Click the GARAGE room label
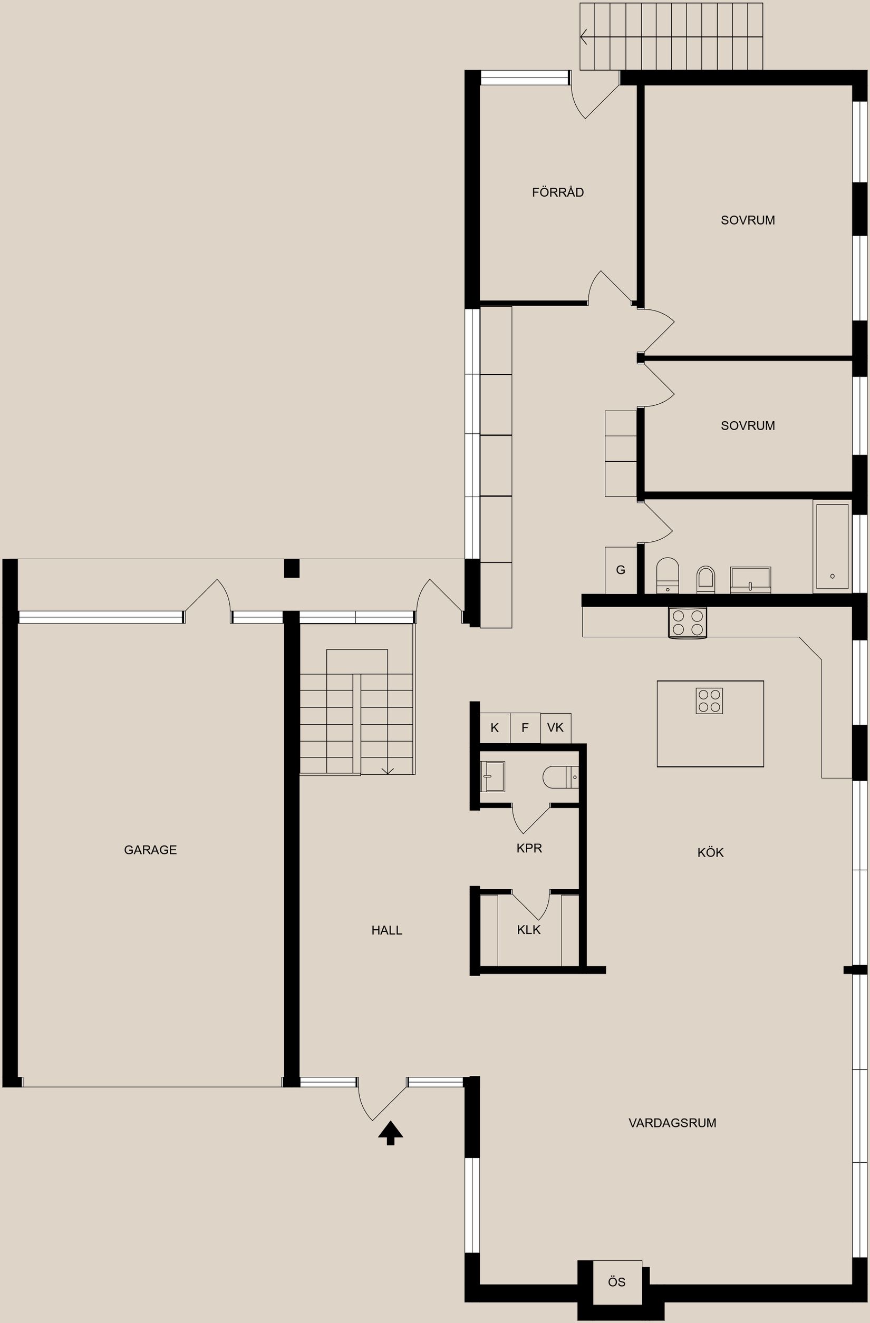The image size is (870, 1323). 150,850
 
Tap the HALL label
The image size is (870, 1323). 387,930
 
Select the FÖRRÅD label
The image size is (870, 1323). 557,192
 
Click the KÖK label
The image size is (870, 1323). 710,853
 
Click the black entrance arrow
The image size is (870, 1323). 390,1132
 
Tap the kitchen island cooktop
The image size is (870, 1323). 709,701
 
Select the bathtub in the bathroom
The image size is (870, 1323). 832,546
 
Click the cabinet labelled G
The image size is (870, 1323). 621,570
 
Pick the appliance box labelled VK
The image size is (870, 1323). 555,727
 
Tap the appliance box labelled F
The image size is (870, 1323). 525,727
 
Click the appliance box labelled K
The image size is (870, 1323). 494,727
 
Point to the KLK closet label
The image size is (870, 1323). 528,930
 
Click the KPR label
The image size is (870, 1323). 529,848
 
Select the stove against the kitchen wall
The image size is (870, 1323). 687,622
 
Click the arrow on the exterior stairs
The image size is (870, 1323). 584,37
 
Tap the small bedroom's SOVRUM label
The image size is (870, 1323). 747,426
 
